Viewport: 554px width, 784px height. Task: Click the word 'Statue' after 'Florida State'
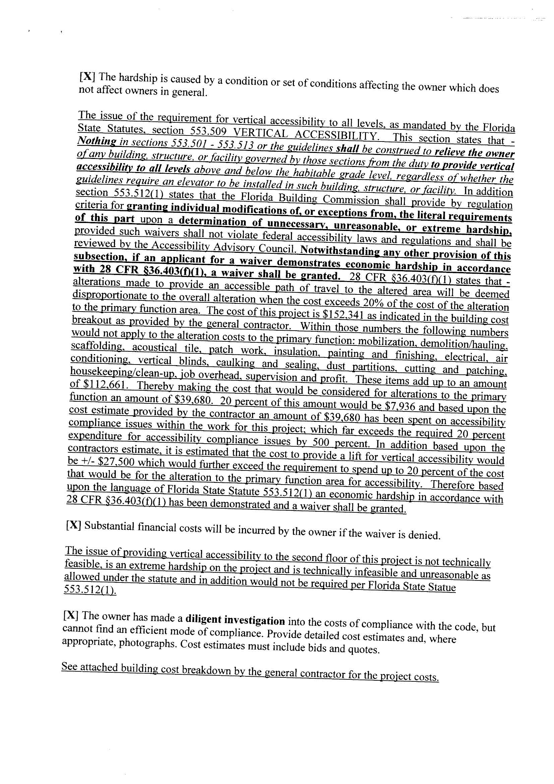pos(441,587)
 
